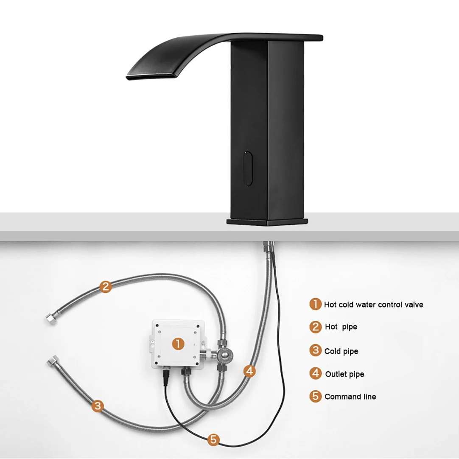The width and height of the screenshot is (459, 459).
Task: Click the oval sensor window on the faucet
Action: click(x=248, y=168)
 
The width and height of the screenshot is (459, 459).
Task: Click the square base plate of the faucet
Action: click(x=267, y=222)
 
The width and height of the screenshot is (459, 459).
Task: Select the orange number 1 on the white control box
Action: click(x=178, y=344)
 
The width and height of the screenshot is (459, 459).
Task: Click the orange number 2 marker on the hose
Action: click(x=106, y=287)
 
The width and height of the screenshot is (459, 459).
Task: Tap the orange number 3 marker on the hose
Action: click(x=98, y=406)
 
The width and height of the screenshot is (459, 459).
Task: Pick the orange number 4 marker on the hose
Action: click(x=249, y=371)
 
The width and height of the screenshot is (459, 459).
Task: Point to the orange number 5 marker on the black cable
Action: click(x=213, y=439)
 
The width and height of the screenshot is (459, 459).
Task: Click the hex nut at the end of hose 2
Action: click(x=51, y=319)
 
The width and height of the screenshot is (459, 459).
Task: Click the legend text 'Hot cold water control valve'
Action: click(x=374, y=305)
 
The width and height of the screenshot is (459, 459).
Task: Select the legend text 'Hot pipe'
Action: click(x=341, y=327)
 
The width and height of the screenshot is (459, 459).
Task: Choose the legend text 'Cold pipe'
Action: click(x=341, y=351)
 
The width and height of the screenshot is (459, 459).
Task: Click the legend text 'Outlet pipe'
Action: click(x=344, y=374)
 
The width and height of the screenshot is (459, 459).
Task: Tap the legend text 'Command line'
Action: click(x=350, y=397)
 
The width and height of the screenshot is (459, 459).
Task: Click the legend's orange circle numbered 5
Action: click(x=316, y=396)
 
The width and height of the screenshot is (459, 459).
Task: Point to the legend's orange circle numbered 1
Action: click(x=316, y=304)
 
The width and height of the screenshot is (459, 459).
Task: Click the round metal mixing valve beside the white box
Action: click(x=224, y=355)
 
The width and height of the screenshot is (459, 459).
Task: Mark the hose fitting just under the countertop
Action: click(x=269, y=246)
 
